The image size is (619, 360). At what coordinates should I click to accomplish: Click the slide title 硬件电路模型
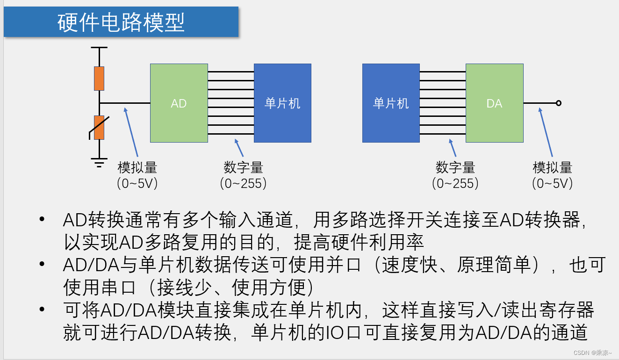[x=121, y=22]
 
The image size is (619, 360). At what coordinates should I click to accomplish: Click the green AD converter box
[x=179, y=103]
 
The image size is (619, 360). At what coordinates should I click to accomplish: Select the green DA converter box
[x=494, y=103]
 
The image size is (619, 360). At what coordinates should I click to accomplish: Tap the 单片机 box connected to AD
[x=282, y=103]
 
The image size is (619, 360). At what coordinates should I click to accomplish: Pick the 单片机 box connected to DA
[x=391, y=103]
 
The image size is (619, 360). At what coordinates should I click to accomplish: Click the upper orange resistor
[x=99, y=78]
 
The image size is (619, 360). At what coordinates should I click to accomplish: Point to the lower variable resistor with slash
[x=99, y=127]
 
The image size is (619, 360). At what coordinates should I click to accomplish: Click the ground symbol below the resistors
[x=99, y=163]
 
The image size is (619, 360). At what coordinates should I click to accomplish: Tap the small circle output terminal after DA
[x=558, y=103]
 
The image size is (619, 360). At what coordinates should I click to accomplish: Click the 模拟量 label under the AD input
[x=137, y=167]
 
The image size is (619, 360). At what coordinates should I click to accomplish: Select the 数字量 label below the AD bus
[x=243, y=167]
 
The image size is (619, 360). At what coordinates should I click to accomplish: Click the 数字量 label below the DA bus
[x=455, y=167]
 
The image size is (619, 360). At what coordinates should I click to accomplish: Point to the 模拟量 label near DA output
[x=553, y=167]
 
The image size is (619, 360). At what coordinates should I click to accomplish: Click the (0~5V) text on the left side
[x=137, y=183]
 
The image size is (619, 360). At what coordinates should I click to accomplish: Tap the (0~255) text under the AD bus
[x=243, y=183]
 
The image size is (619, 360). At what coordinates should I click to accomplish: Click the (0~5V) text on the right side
[x=553, y=183]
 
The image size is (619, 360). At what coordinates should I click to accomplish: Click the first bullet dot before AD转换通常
[x=43, y=219]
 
